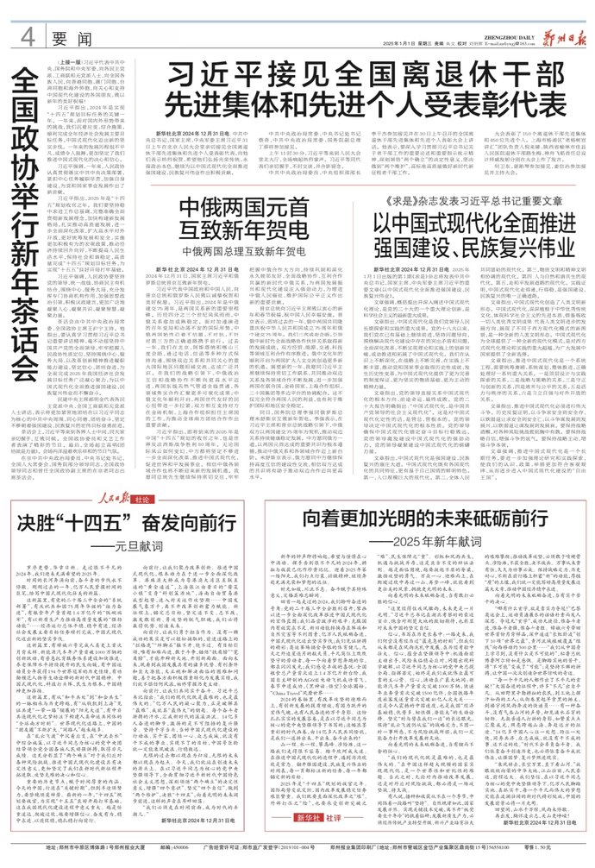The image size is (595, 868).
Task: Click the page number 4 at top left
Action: click(27, 16)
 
